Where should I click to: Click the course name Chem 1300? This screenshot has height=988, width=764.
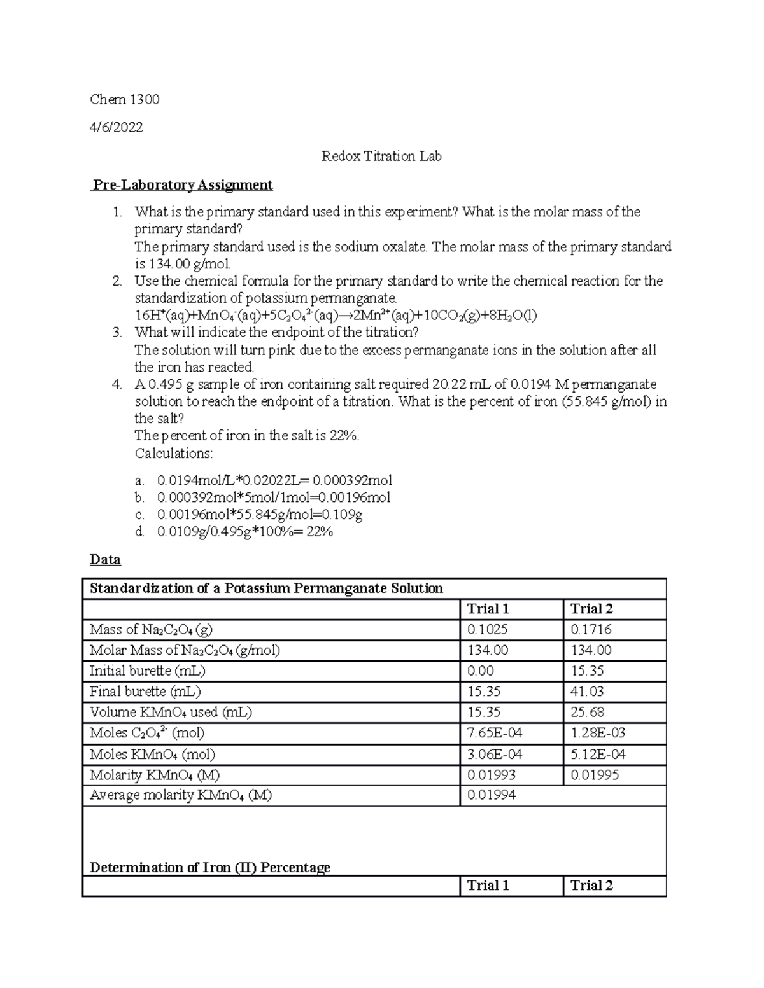click(124, 99)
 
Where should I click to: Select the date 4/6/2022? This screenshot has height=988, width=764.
click(116, 127)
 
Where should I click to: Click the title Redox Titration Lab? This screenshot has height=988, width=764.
click(381, 156)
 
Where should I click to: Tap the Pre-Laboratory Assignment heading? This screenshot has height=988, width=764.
click(183, 185)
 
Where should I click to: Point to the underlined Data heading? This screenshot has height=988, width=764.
click(105, 560)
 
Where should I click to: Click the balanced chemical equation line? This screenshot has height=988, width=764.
click(336, 316)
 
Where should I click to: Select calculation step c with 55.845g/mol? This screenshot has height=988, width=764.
click(260, 515)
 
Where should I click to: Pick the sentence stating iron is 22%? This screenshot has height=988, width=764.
click(247, 436)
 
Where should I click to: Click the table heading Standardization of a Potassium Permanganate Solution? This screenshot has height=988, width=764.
click(266, 588)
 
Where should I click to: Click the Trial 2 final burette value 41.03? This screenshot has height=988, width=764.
click(587, 692)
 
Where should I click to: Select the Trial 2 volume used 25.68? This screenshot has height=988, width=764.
click(587, 713)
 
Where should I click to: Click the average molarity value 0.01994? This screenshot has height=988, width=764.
click(492, 795)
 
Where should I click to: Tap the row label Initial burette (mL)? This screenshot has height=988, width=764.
click(147, 671)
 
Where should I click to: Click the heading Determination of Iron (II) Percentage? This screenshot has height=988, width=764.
click(210, 868)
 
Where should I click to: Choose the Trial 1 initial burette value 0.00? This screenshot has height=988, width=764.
click(481, 671)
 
